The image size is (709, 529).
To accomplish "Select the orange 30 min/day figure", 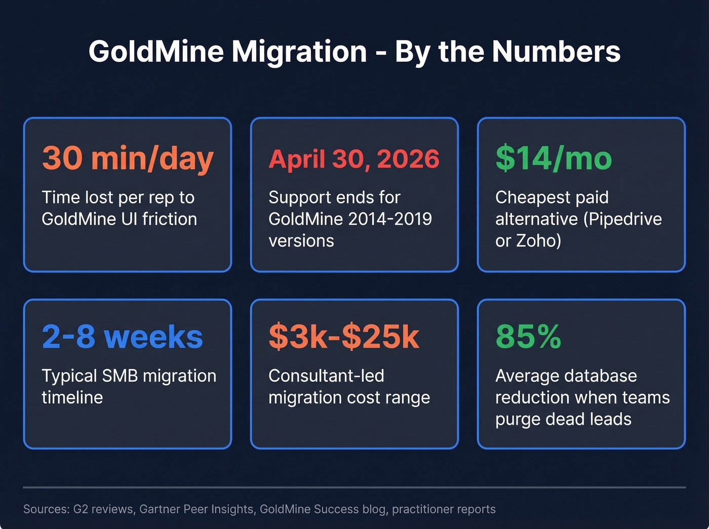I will click(128, 158).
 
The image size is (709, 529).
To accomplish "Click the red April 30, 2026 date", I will click(354, 159).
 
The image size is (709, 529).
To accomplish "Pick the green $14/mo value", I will click(554, 158).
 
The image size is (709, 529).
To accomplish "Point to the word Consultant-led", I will click(326, 376).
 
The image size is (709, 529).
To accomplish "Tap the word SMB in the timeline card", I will click(120, 376).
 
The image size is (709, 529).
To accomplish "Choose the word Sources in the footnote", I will click(46, 509).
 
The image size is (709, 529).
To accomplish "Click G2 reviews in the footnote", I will click(104, 509).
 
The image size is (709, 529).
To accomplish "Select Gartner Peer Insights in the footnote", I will click(197, 509).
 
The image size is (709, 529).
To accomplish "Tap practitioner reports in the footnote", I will click(444, 509).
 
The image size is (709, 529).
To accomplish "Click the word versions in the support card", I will click(301, 240).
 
